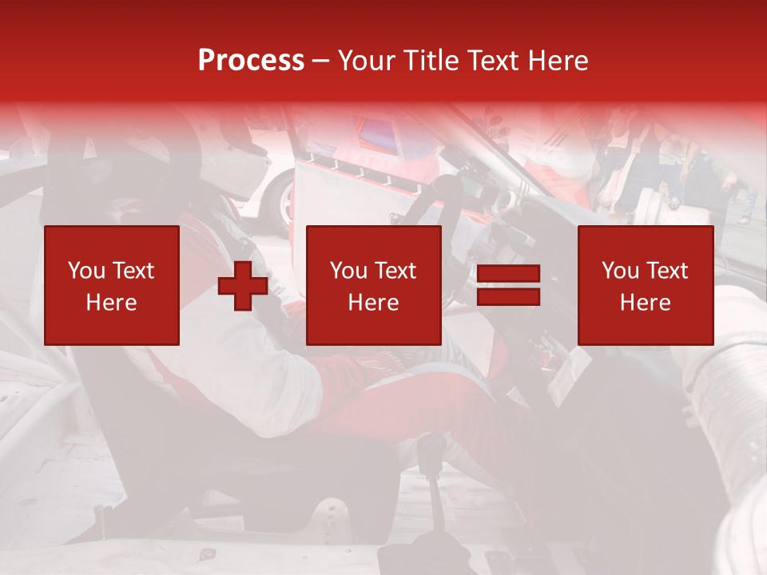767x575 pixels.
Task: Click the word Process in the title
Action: pyautogui.click(x=251, y=61)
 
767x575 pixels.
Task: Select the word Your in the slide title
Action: pyautogui.click(x=367, y=61)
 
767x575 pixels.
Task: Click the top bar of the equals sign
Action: pyautogui.click(x=508, y=275)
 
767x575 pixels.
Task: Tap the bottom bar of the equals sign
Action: pyautogui.click(x=508, y=297)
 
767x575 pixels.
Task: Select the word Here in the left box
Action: pyautogui.click(x=111, y=303)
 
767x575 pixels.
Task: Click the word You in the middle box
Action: pyautogui.click(x=349, y=271)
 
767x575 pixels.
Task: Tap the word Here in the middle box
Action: pyautogui.click(x=373, y=303)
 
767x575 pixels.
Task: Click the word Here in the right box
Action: pyautogui.click(x=645, y=303)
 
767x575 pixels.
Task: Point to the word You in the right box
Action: pyautogui.click(x=621, y=271)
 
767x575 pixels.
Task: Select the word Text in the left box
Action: pyautogui.click(x=133, y=271)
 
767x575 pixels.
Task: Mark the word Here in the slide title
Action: pyautogui.click(x=559, y=61)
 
